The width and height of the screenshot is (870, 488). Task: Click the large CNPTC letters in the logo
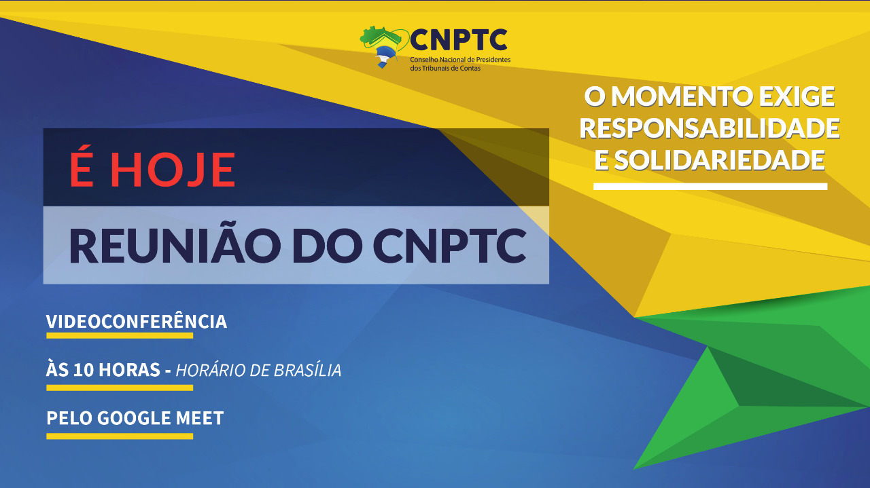point(459,40)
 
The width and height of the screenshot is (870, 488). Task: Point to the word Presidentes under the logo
point(493,60)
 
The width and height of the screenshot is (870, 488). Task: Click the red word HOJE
point(173,170)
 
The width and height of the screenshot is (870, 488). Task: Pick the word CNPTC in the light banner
point(450,246)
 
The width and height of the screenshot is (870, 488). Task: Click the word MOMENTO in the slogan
point(682,97)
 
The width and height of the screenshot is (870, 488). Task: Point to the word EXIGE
point(797,97)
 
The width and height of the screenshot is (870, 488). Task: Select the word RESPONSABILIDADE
point(710,129)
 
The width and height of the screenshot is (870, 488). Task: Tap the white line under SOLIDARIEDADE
point(710,187)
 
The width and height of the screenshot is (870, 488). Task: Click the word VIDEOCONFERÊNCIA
point(137,321)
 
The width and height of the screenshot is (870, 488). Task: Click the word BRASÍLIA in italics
point(307,370)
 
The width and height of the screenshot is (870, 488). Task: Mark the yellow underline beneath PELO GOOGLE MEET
point(120,436)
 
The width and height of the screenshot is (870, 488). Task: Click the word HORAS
point(129,370)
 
